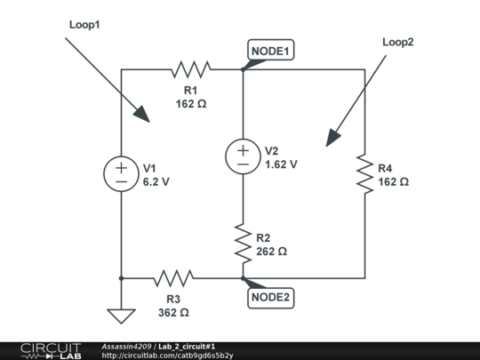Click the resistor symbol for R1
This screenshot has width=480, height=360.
tap(191, 69)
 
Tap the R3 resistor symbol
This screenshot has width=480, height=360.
tap(172, 278)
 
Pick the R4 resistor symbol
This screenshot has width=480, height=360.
tap(364, 173)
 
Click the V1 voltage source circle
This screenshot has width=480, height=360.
tap(120, 173)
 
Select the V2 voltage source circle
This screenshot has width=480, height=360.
tap(242, 156)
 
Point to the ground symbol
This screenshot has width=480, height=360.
tap(120, 315)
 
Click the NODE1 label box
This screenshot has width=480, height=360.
tap(270, 52)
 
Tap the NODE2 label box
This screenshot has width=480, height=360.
tap(270, 297)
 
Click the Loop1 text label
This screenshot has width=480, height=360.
tap(85, 25)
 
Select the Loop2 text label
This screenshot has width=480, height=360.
tap(398, 42)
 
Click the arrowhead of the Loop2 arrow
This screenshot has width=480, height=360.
tap(332, 138)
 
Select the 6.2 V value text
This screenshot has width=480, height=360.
tap(156, 180)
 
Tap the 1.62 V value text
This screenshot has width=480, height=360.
tap(281, 164)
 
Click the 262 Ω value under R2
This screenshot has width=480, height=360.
tap(271, 252)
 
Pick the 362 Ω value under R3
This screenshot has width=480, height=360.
tap(173, 313)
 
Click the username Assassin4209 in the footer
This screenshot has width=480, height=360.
tap(128, 346)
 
